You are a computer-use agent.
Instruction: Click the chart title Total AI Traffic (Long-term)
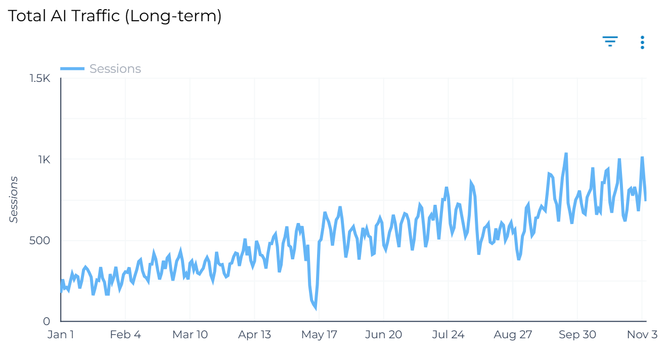point(115,16)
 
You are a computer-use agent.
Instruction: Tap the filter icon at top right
point(610,41)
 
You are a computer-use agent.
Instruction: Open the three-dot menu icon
point(642,42)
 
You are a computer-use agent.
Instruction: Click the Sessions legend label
point(115,69)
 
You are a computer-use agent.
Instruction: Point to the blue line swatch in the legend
point(72,69)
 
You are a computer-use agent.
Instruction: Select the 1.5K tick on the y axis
point(40,78)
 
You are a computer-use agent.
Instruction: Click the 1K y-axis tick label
point(44,159)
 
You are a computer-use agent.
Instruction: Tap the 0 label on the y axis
point(47,321)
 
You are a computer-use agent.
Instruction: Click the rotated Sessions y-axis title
point(14,200)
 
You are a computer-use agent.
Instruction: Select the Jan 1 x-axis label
point(61,335)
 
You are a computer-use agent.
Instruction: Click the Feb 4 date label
point(125,335)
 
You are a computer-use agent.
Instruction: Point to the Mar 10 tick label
point(190,335)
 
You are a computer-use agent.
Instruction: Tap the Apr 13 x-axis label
point(255,335)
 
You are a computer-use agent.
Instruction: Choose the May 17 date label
point(319,335)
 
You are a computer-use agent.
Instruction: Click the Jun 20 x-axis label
point(384,335)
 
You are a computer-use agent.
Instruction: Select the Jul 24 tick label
point(449,335)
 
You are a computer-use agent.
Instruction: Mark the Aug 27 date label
point(513,335)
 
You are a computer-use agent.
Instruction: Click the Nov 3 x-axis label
point(642,335)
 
